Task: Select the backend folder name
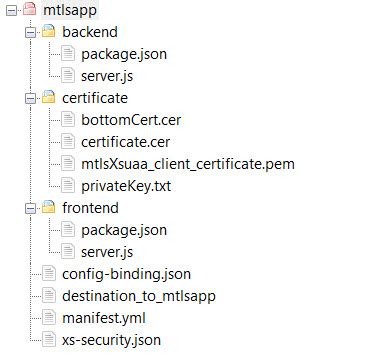89,32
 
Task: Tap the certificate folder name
95,98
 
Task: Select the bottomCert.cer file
131,120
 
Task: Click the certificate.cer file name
125,141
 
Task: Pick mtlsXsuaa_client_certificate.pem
187,163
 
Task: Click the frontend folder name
90,207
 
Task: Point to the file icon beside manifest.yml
47,317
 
